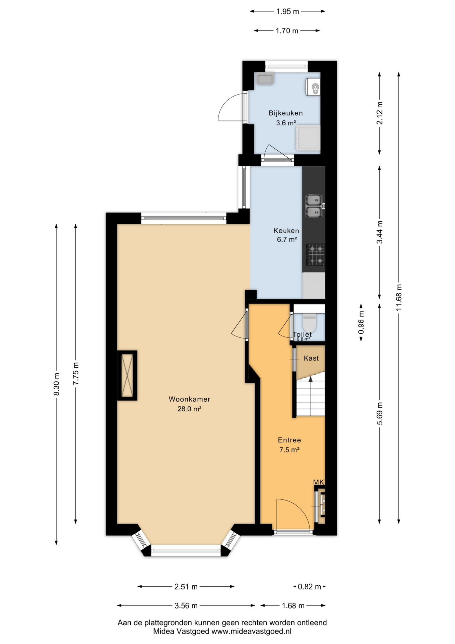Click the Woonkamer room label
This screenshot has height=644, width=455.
[x=189, y=399]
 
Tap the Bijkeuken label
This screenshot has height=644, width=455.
[x=286, y=113]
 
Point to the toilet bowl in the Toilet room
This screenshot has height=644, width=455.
[x=310, y=322]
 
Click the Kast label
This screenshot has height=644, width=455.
[x=311, y=358]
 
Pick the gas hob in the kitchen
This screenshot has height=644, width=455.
[x=316, y=254]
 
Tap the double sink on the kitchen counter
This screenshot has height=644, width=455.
[x=314, y=206]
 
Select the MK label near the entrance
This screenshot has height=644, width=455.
[x=319, y=482]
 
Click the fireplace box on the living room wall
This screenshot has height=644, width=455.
[x=127, y=375]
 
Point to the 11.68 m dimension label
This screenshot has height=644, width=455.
[x=399, y=297]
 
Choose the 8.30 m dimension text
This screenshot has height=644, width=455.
[x=56, y=384]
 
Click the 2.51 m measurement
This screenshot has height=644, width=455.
[x=186, y=587]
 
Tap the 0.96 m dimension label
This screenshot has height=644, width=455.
[x=361, y=323]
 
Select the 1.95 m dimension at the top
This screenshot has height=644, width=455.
[x=287, y=11]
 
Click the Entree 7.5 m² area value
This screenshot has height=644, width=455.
[x=289, y=450]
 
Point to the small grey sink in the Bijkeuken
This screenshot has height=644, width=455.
[x=265, y=79]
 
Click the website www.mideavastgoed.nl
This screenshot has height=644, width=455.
[x=251, y=631]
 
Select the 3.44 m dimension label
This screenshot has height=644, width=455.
[x=380, y=232]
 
